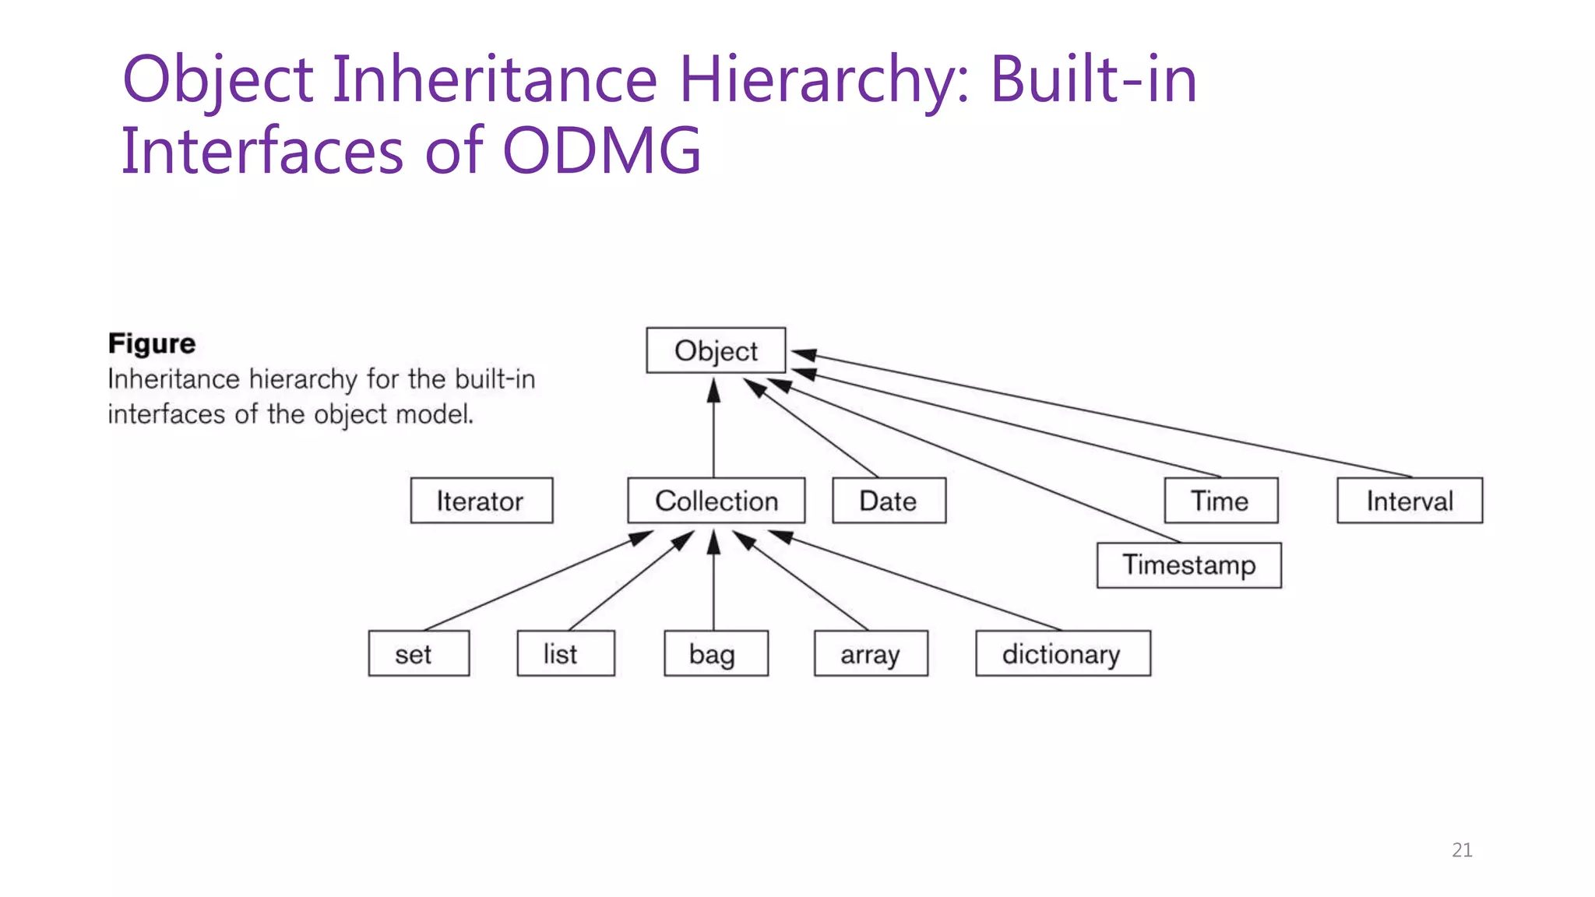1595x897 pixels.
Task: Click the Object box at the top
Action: point(716,350)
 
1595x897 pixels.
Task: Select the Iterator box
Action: point(481,501)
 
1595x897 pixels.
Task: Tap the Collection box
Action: point(716,501)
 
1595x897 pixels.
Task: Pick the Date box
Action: point(889,501)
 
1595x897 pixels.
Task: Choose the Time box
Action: point(1220,501)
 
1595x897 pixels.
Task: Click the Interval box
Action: point(1410,501)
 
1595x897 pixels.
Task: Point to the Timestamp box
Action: point(1188,565)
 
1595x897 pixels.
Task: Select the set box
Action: point(418,653)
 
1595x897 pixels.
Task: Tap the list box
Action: point(565,653)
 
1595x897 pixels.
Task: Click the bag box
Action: point(716,653)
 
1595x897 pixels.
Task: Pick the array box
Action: point(871,653)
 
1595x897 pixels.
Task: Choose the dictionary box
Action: point(1062,653)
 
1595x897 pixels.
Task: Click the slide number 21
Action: point(1462,850)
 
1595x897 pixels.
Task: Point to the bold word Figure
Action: point(152,343)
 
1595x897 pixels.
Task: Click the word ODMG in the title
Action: point(601,150)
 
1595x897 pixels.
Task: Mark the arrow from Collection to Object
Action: point(713,428)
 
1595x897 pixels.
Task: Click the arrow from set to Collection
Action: point(537,581)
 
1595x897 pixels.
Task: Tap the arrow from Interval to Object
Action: point(1106,416)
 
